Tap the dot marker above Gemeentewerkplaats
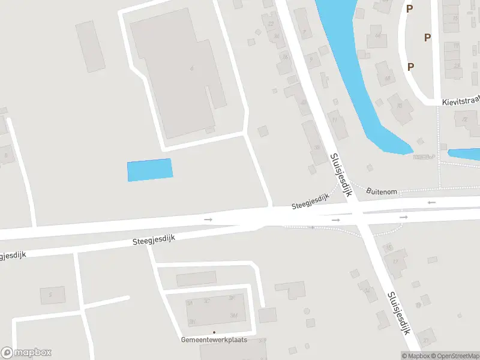coord(214,332)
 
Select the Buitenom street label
coord(382,191)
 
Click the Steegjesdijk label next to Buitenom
coord(311,204)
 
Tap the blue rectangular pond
coord(150,169)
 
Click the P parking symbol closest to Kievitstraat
coord(410,67)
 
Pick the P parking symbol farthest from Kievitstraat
coord(410,8)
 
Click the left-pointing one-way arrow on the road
coord(431,203)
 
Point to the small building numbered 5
coord(52,294)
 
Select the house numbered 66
coord(377,35)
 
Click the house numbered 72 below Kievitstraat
coord(465,119)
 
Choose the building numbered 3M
coord(234,315)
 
